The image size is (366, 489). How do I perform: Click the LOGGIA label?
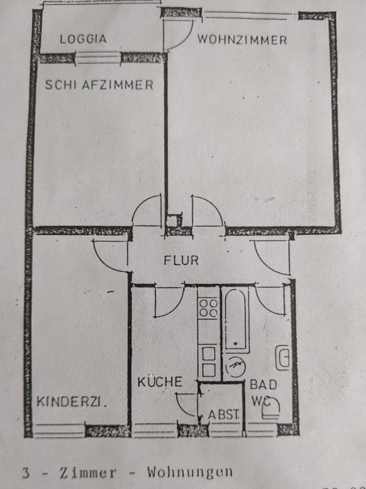click(83, 39)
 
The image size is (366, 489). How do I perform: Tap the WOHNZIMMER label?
click(242, 40)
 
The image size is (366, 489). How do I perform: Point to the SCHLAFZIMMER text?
click(99, 85)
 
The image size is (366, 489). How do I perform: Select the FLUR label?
click(181, 260)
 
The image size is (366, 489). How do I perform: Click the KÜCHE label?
click(160, 381)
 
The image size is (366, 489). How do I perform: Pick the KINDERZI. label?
click(72, 402)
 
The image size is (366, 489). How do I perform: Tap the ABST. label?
click(224, 414)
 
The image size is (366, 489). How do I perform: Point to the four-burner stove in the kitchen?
click(208, 308)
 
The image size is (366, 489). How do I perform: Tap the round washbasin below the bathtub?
click(235, 366)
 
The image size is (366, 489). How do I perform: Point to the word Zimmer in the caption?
click(88, 472)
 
